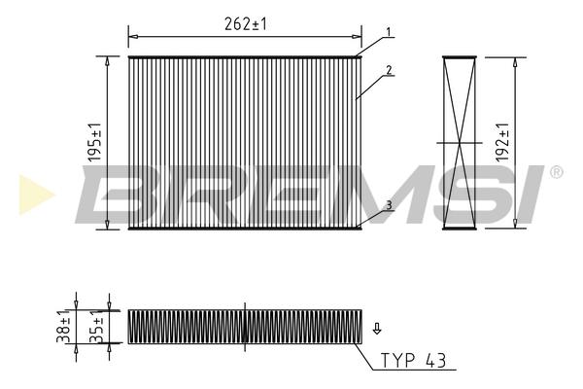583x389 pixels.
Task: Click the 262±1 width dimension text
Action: [x=246, y=24]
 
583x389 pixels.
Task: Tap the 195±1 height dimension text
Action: [x=95, y=142]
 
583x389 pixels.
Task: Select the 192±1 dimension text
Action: [x=502, y=142]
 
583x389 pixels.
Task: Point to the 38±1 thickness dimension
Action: [x=63, y=326]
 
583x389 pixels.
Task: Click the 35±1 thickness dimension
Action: [x=96, y=326]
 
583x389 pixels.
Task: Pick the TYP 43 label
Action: [x=413, y=361]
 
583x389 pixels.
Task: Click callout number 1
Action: [x=389, y=32]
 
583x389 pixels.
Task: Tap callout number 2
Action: [x=389, y=70]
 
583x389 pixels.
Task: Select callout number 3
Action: [x=389, y=205]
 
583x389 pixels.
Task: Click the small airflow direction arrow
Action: [x=377, y=329]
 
